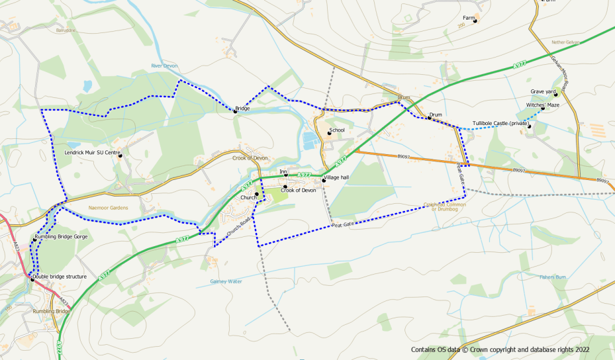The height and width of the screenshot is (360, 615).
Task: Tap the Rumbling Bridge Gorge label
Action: (x=61, y=236)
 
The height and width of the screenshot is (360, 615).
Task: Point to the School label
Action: (x=337, y=130)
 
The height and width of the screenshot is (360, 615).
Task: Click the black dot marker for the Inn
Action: (x=285, y=176)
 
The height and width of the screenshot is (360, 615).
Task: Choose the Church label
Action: (x=248, y=197)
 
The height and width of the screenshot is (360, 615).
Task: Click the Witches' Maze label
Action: (x=543, y=105)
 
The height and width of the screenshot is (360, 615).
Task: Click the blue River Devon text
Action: (x=165, y=66)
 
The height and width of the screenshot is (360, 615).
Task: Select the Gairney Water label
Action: (x=226, y=281)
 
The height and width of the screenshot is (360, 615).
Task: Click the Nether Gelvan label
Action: (x=565, y=42)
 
